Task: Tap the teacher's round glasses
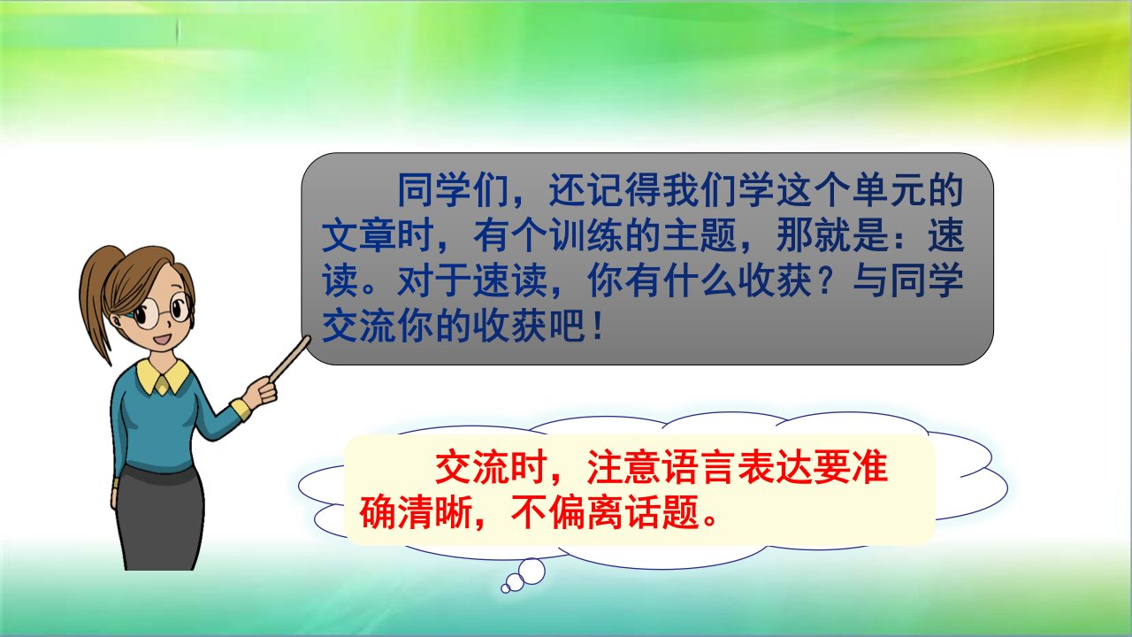pyautogui.click(x=163, y=310)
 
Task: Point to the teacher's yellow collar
pyautogui.click(x=163, y=377)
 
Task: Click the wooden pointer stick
pyautogui.click(x=290, y=359)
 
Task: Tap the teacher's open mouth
pyautogui.click(x=164, y=338)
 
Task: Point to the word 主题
pyautogui.click(x=700, y=235)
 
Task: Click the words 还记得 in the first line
pyautogui.click(x=606, y=190)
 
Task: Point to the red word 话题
pyautogui.click(x=663, y=511)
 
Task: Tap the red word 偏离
pyautogui.click(x=586, y=511)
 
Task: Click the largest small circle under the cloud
pyautogui.click(x=532, y=572)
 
